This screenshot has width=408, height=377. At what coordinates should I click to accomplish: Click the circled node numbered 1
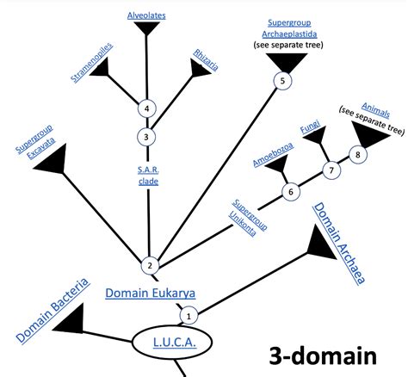(x=189, y=315)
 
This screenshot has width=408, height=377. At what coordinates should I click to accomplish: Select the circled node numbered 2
(x=148, y=265)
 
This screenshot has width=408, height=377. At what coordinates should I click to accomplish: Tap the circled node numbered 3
(x=148, y=135)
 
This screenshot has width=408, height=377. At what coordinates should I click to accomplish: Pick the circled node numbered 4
(x=148, y=108)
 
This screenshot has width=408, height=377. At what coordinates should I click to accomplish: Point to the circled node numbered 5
(x=280, y=81)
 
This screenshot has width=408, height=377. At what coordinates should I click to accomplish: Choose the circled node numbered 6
(x=291, y=191)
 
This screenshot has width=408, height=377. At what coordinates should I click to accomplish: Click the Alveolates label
(x=146, y=15)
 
